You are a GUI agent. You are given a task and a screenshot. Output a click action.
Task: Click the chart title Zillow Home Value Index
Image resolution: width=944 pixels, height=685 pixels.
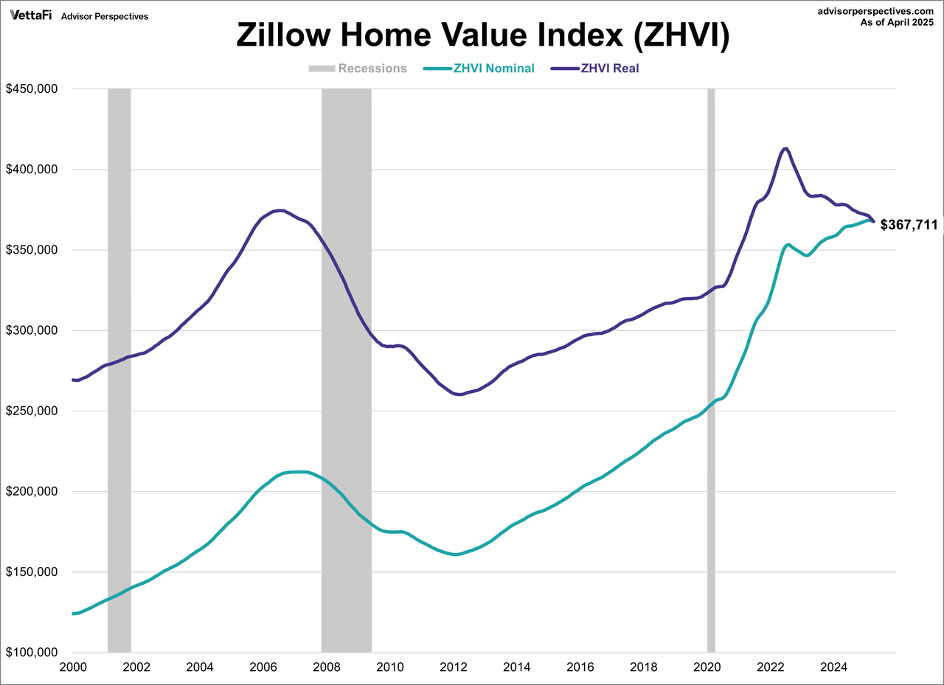[482, 36]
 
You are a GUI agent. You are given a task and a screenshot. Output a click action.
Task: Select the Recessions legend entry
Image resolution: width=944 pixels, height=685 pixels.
[358, 69]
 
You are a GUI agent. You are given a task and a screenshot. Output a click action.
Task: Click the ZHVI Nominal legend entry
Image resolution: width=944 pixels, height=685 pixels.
[479, 69]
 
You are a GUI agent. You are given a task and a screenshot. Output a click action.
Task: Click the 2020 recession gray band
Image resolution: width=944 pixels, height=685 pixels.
[711, 369]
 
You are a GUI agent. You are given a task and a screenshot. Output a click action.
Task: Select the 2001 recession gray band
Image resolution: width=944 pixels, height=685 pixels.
[119, 369]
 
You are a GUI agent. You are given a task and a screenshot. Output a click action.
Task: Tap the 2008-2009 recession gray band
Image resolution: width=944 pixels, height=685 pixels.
[346, 369]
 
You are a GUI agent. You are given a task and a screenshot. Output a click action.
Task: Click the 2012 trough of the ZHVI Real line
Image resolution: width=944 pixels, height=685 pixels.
[459, 394]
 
